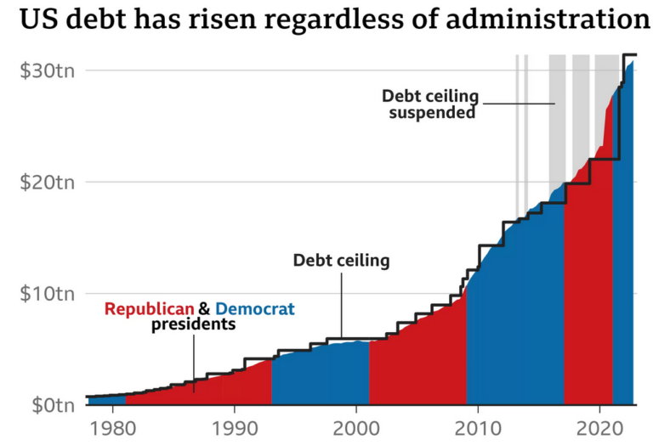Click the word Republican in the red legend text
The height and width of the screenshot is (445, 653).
click(x=150, y=308)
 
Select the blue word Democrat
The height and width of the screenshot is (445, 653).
click(x=255, y=308)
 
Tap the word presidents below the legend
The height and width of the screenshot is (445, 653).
click(x=193, y=324)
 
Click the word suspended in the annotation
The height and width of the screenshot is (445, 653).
click(x=432, y=112)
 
